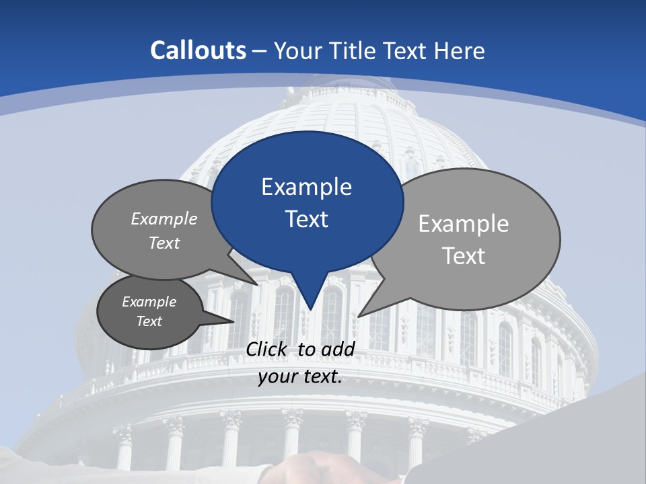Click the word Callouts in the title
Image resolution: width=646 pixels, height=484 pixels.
[x=198, y=50]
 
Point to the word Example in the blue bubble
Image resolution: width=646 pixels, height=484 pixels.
[x=307, y=187]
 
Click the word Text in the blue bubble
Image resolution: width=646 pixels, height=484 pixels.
[x=307, y=219]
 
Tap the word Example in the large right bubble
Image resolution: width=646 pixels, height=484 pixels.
[x=464, y=224]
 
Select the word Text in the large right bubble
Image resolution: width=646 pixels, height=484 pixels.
[x=464, y=256]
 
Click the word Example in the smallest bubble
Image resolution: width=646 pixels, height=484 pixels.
[x=149, y=302]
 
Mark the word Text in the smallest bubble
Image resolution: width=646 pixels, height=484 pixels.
[x=149, y=321]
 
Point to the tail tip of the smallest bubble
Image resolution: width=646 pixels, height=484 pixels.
[x=233, y=322]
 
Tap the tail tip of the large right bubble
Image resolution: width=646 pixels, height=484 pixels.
[x=359, y=315]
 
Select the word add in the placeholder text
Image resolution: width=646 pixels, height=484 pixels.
[x=337, y=349]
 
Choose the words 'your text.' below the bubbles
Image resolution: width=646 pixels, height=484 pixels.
[x=300, y=376]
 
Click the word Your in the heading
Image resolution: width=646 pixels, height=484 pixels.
[x=297, y=50]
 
